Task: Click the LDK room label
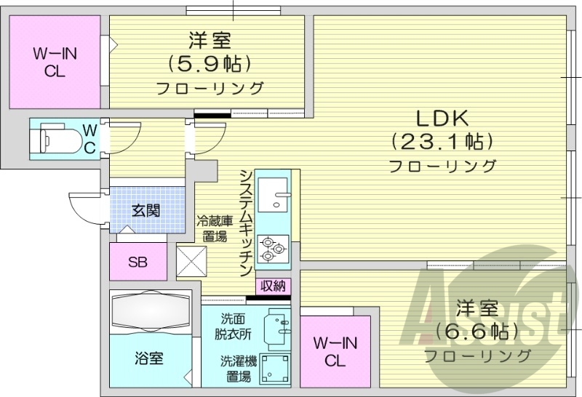[441, 117]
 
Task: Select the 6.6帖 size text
[477, 332]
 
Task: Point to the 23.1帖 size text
[442, 140]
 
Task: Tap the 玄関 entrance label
[146, 210]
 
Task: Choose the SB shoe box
[137, 262]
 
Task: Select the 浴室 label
[149, 358]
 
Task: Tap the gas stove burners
[272, 247]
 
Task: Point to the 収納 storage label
[273, 286]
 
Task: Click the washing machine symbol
[274, 369]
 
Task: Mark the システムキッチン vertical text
[246, 222]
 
